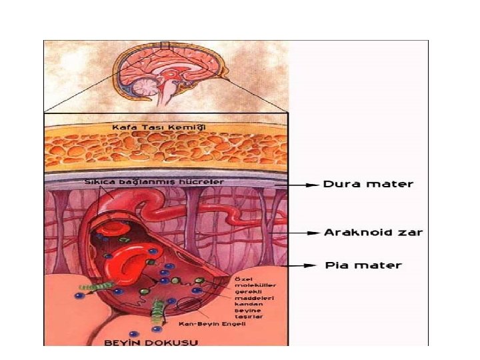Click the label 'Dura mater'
[x=368, y=184]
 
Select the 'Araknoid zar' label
[x=373, y=233]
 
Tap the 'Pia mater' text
[x=363, y=265]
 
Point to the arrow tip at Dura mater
[x=316, y=185]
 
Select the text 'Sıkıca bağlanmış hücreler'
[x=153, y=181]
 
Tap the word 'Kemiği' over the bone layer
[x=191, y=126]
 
